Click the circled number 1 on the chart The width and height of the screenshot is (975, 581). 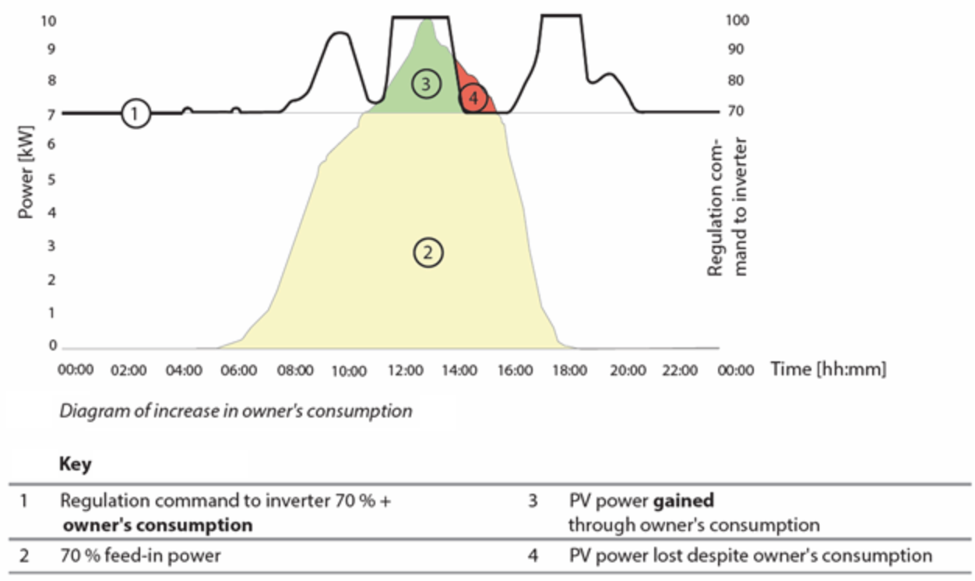point(136,114)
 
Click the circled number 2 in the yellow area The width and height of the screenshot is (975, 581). point(428,252)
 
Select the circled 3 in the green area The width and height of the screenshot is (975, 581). point(424,84)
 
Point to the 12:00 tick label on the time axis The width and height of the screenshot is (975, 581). point(403,371)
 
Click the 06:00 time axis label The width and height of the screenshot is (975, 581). point(238,371)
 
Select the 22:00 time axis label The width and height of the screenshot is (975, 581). point(679,371)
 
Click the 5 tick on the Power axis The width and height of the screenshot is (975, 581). point(52,179)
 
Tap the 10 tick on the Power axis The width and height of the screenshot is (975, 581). point(49,21)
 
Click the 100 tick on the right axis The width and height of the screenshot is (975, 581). point(737,21)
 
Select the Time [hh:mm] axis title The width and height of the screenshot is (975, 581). point(828,369)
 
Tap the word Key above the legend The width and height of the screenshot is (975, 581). point(76,465)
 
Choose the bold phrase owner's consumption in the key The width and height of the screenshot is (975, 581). point(158,525)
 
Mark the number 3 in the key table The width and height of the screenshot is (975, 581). point(533,502)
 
